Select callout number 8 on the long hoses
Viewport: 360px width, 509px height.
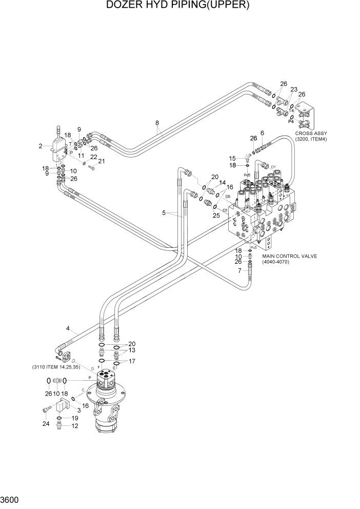[157, 123]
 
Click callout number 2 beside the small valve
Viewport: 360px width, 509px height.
[40, 146]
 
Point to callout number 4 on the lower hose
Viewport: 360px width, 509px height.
[68, 328]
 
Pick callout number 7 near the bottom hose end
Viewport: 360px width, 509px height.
[239, 270]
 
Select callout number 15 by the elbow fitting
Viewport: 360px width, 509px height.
[232, 159]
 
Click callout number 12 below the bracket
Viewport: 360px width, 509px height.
[75, 426]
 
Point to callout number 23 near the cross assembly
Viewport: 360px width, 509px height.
[294, 89]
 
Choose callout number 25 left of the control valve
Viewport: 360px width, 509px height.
[216, 216]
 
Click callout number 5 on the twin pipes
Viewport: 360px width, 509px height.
[164, 213]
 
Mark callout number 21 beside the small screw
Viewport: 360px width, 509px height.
[102, 161]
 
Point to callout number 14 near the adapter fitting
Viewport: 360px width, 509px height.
[223, 183]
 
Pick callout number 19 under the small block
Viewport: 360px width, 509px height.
[75, 418]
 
